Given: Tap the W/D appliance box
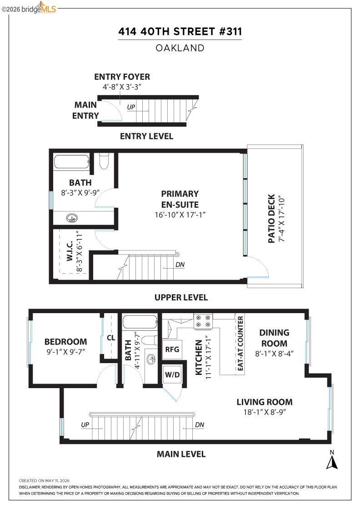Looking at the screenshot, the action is click(x=172, y=374).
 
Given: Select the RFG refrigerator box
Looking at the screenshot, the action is click(x=172, y=349).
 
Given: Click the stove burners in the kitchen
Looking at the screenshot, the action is click(x=203, y=321).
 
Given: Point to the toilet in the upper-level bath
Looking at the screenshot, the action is click(x=104, y=161).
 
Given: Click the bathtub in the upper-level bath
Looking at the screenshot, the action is click(x=72, y=162).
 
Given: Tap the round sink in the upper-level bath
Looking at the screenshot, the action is click(x=72, y=218).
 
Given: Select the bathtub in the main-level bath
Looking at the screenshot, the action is click(x=140, y=322).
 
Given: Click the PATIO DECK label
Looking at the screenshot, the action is click(x=272, y=219).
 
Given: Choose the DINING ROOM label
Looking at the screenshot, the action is click(x=274, y=338).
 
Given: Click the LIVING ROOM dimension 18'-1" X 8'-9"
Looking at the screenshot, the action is click(x=265, y=412).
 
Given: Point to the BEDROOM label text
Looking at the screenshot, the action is click(x=65, y=341).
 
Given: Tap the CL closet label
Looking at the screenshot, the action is click(x=111, y=338).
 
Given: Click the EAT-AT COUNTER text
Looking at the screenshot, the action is click(x=240, y=344).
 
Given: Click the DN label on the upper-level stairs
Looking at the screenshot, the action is click(x=180, y=264).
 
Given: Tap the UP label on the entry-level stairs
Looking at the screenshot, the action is click(x=131, y=107).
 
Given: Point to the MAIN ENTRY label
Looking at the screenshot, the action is click(x=85, y=110).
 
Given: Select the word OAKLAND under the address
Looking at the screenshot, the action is click(x=180, y=48).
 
